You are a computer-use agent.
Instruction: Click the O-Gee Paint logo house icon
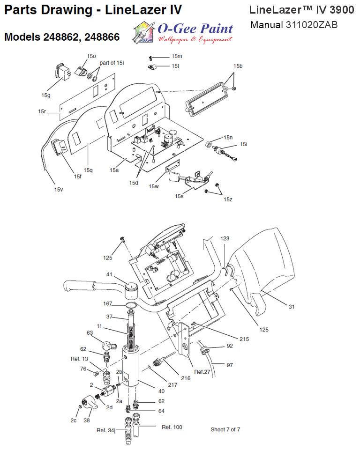pos(143,32)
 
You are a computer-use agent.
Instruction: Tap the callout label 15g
pos(46,95)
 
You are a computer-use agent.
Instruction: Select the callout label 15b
pos(238,66)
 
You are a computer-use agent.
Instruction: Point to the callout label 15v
pos(59,190)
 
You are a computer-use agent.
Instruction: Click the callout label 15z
pos(228,199)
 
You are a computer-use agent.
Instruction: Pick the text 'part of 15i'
pos(112,63)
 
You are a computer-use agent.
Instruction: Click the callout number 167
pos(108,303)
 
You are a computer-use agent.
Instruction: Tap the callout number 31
pos(292,307)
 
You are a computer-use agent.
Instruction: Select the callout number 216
pos(186,378)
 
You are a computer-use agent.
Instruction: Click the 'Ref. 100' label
pos(172,427)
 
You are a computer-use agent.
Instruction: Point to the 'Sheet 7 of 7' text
pos(225,429)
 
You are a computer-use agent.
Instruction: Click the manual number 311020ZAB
pos(311,25)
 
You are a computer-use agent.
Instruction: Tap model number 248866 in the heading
pos(102,37)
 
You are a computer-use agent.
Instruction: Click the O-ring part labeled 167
pos(131,305)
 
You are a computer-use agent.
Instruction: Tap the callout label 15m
pos(177,56)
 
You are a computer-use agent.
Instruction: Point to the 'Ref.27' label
pos(202,372)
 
